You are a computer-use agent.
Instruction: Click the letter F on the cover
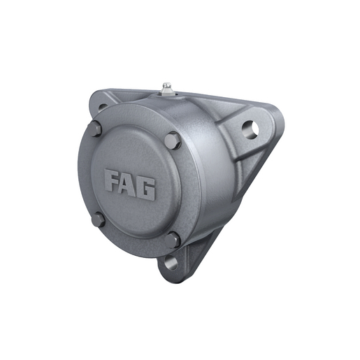(x=114, y=183)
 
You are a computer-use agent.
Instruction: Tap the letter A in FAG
(x=130, y=185)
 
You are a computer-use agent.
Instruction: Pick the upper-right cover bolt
(x=173, y=141)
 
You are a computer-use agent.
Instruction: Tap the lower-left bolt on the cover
(x=99, y=219)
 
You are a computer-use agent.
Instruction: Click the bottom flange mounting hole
(x=170, y=264)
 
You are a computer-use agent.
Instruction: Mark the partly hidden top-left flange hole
(x=102, y=107)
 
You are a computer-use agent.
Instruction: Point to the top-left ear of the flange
(x=98, y=103)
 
